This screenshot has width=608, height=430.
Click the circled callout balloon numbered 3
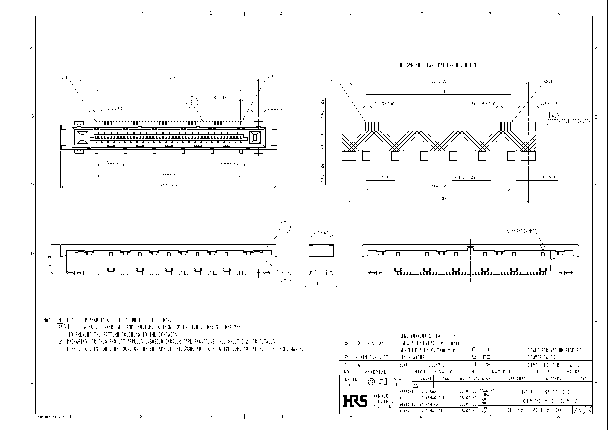click(192, 103)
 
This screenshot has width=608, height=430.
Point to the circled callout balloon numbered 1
click(284, 227)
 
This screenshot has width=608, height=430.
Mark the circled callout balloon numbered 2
click(285, 277)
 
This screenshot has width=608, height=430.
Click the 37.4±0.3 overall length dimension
click(169, 184)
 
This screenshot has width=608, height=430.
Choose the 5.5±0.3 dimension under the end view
click(321, 283)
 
